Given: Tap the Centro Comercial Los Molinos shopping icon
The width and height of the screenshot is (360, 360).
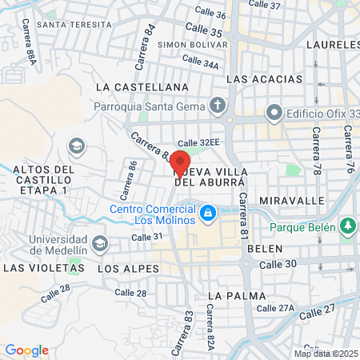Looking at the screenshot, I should (x=208, y=213).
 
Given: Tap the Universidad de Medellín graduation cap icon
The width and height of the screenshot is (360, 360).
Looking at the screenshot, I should (x=99, y=242).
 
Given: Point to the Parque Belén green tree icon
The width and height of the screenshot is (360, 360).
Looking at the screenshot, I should (x=347, y=226).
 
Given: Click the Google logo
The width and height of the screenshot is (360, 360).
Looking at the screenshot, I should (x=26, y=350).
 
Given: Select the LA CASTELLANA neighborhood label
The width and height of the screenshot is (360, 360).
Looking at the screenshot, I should (x=142, y=86).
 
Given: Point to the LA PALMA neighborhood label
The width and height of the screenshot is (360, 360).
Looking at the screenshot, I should (x=230, y=295).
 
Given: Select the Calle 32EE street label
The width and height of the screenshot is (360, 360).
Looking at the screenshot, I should (x=198, y=142).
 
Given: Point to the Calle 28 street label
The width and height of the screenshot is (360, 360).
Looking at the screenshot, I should (x=130, y=293).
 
